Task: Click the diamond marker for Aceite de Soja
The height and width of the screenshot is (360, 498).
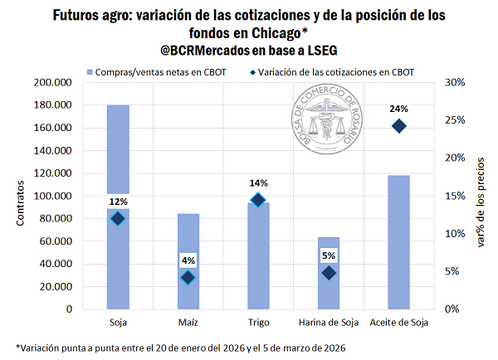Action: pos(399,126)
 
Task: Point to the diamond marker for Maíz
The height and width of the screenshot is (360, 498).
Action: pos(188,278)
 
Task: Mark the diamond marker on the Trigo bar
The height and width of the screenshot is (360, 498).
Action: pos(258,200)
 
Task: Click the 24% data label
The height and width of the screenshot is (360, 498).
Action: pos(399,108)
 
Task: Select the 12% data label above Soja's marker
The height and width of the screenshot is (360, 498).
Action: pos(117,202)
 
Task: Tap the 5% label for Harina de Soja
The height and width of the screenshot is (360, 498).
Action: pos(329,255)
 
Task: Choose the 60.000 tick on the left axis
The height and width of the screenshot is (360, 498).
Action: pos(57,241)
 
